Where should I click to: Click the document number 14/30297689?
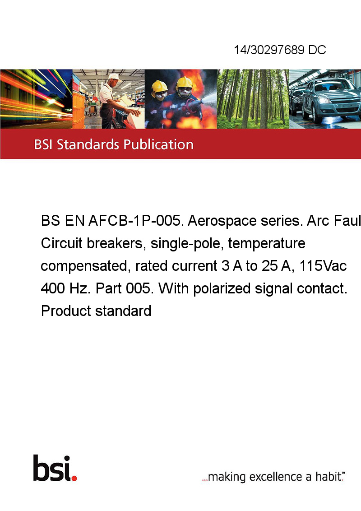point(269,50)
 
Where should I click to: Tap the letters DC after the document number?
point(317,50)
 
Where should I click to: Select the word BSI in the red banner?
point(43,144)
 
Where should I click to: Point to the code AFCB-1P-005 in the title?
point(134,221)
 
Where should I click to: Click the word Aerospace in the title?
point(222,221)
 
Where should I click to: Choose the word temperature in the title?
point(267,243)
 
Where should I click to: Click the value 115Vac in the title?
point(323,266)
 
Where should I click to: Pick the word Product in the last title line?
point(66,311)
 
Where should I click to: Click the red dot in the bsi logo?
point(74,478)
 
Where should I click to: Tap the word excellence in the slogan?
point(276,477)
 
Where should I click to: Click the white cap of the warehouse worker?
point(114,77)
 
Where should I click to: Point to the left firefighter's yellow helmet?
point(159,86)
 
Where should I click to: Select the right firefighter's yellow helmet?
point(184,82)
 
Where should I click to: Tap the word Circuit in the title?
point(61,243)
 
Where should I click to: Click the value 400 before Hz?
point(53,289)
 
